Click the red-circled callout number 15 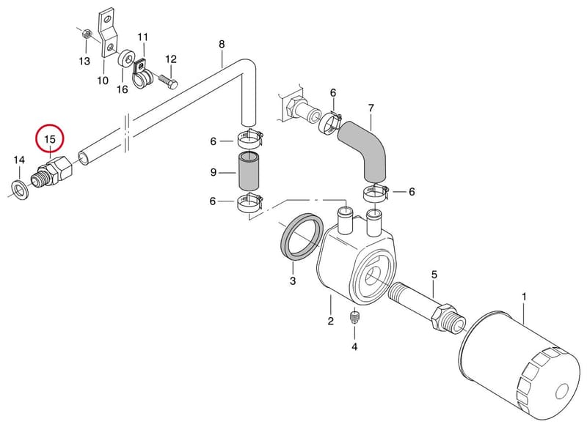point(50,139)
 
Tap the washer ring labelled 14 point(18,189)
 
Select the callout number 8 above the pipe point(222,44)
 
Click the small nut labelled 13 point(85,34)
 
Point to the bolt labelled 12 point(168,81)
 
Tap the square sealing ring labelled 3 point(302,236)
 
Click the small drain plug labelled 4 point(354,316)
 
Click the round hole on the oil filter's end point(562,392)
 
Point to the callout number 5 point(434,275)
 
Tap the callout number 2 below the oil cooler point(331,321)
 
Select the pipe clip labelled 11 point(142,74)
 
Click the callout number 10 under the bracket point(103,81)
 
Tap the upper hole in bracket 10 point(107,18)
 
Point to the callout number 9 point(214,172)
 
